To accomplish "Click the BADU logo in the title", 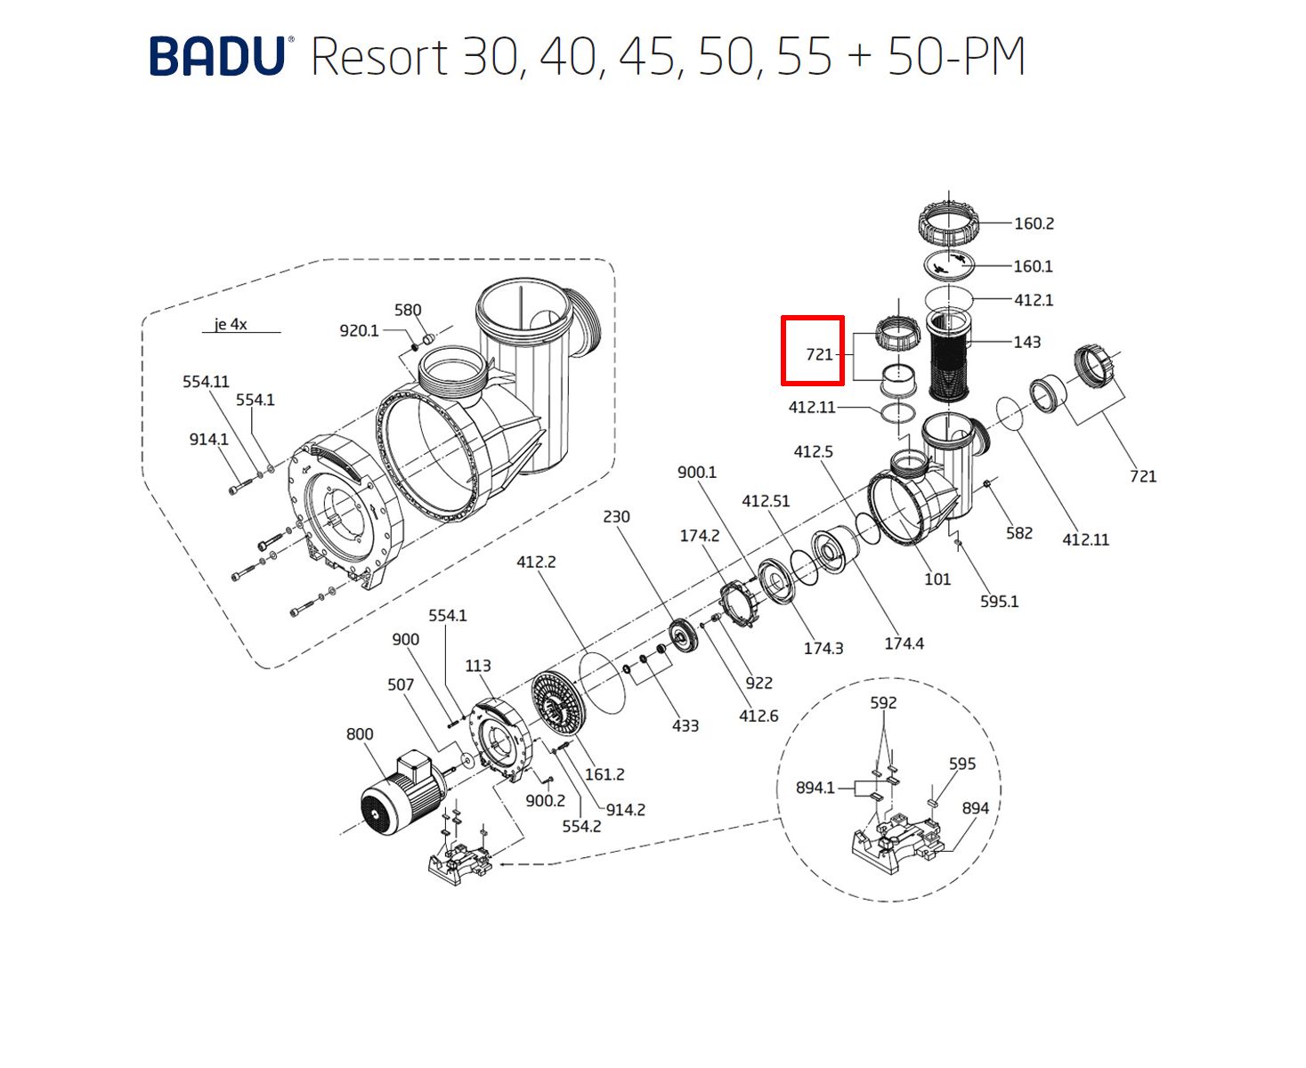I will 216,57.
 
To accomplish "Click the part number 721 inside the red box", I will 818,354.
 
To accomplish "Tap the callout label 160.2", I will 1034,223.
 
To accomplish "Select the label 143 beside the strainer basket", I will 1026,342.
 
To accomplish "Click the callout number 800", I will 360,734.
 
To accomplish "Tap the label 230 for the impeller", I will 616,516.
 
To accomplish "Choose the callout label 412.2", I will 536,562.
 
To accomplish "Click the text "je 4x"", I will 231,325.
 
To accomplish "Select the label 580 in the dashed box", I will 408,310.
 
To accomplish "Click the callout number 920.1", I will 359,331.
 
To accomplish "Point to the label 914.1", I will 208,439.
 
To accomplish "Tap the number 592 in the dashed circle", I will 883,702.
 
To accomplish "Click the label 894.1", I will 815,788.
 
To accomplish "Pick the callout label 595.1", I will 999,602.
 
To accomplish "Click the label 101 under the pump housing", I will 937,579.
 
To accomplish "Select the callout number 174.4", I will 904,643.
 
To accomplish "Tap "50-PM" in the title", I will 956,57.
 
